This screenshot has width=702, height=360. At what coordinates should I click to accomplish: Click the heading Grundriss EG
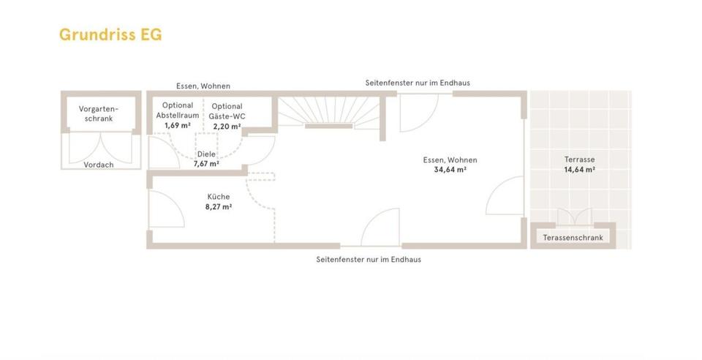pyautogui.click(x=110, y=34)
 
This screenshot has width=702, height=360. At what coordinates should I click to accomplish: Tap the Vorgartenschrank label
pyautogui.click(x=99, y=113)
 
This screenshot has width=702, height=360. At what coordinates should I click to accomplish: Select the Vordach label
pyautogui.click(x=99, y=165)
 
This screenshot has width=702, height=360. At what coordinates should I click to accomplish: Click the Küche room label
pyautogui.click(x=218, y=197)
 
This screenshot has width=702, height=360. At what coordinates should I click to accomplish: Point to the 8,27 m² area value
pyautogui.click(x=218, y=207)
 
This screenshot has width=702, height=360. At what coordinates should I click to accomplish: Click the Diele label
pyautogui.click(x=206, y=154)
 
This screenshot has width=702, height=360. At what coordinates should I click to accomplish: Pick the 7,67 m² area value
pyautogui.click(x=206, y=164)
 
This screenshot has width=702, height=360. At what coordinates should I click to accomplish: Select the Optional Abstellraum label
pyautogui.click(x=178, y=110)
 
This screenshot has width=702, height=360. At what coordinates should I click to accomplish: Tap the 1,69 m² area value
pyautogui.click(x=178, y=126)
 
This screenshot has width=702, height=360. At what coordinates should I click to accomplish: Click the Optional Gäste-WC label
pyautogui.click(x=227, y=111)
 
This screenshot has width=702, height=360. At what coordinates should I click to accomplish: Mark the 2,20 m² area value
pyautogui.click(x=227, y=126)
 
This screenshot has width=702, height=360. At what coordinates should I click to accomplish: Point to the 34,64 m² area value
pyautogui.click(x=450, y=170)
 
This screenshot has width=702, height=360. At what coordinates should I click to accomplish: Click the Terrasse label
pyautogui.click(x=579, y=160)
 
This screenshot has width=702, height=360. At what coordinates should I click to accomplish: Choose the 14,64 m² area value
pyautogui.click(x=579, y=170)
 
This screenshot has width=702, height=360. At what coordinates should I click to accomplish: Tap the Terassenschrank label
pyautogui.click(x=573, y=238)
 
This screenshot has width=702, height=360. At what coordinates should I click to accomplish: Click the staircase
pyautogui.click(x=328, y=113)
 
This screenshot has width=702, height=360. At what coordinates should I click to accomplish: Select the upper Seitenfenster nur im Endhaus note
pyautogui.click(x=418, y=83)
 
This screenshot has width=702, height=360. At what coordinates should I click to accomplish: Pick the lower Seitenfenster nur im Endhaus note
pyautogui.click(x=369, y=259)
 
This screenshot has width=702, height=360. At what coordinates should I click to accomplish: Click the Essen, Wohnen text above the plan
pyautogui.click(x=203, y=86)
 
